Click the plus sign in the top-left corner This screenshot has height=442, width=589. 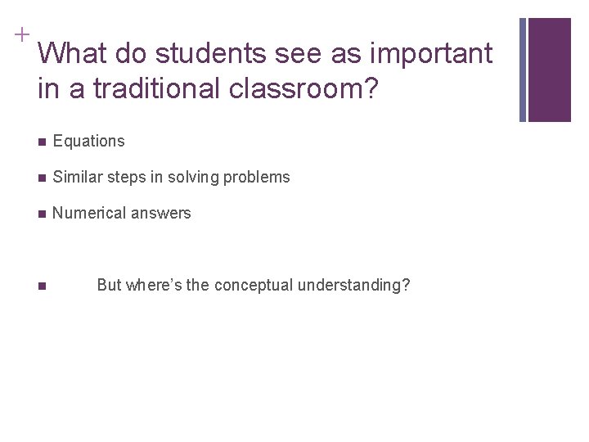click(20, 34)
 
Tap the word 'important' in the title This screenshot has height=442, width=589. click(432, 54)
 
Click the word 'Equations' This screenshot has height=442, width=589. click(88, 141)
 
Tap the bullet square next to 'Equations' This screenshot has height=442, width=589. click(42, 142)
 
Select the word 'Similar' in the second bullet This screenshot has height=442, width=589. click(77, 177)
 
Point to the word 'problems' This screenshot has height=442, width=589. click(259, 177)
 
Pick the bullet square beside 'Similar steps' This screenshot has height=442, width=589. click(42, 178)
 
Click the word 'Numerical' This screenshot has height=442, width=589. click(86, 214)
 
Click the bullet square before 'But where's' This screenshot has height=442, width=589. click(42, 286)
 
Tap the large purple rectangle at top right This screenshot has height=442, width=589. click(550, 70)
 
